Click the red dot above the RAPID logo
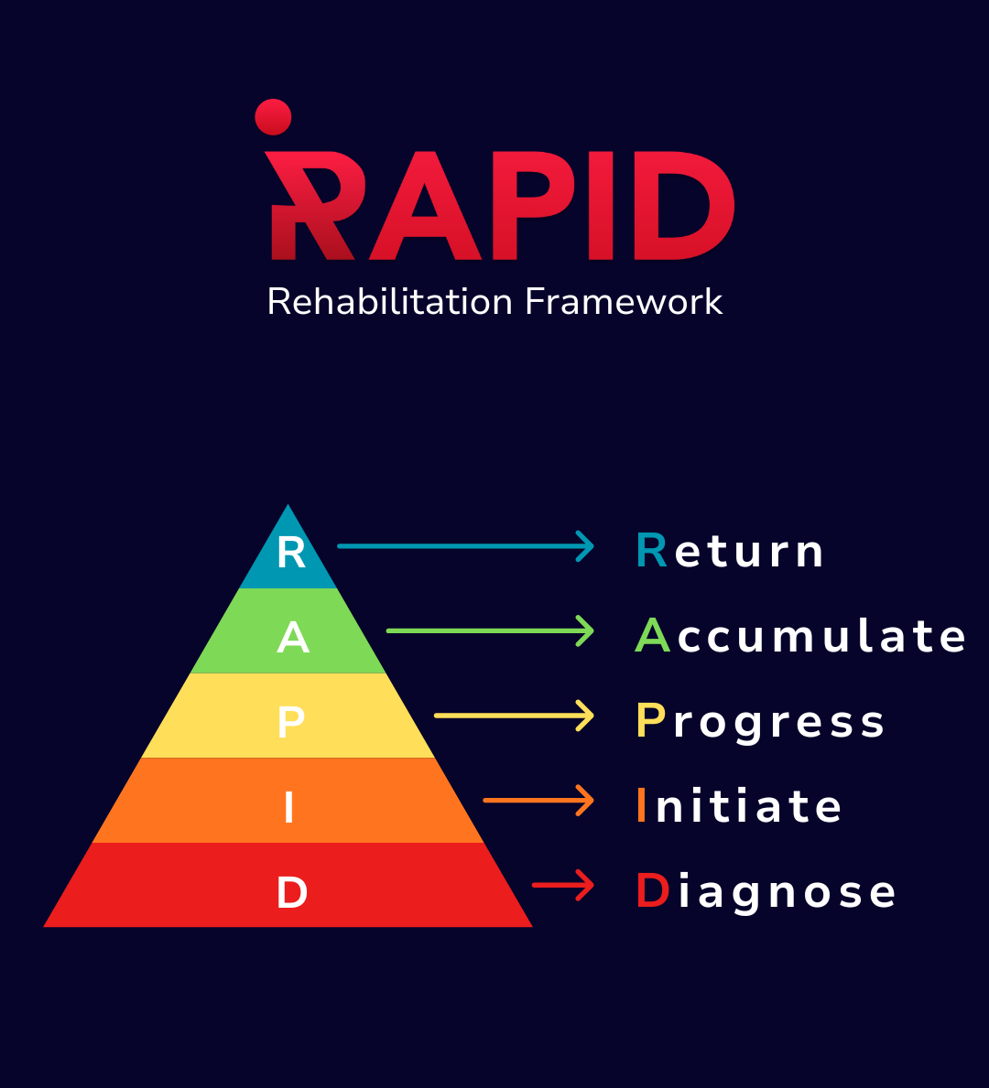[273, 117]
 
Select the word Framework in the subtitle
[624, 302]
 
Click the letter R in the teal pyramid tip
[291, 553]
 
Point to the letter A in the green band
[292, 638]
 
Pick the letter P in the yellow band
[290, 723]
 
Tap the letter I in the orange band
[289, 808]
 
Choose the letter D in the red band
[291, 893]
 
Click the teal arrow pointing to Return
[465, 546]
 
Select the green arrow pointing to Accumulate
[490, 630]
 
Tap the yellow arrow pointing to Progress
[514, 716]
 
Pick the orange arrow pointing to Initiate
[538, 801]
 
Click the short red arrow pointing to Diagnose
[563, 885]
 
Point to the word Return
[730, 552]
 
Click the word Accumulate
[800, 636]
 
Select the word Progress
[760, 722]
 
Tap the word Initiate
[738, 806]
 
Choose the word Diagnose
[766, 891]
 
